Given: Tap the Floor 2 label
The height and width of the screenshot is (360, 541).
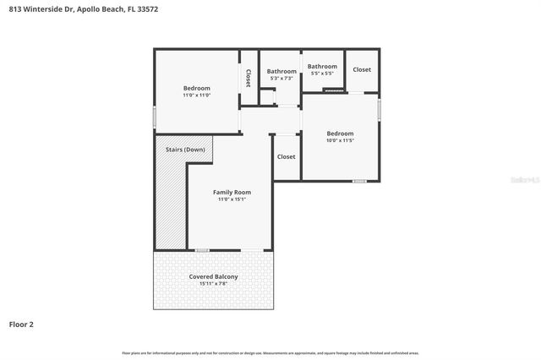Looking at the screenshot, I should pos(21,323).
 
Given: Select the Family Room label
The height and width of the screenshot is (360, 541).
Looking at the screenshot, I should pos(231,193).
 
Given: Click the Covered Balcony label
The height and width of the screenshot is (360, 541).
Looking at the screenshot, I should pos(213,276).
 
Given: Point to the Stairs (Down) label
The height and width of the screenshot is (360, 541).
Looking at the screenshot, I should pos(184,150).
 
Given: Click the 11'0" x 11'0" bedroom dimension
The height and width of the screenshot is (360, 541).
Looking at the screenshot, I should pos(196,95).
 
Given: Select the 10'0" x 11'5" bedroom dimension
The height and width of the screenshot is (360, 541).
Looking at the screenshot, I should pos(340,141).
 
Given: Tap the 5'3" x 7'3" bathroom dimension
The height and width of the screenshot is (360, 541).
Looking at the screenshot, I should pos(281,79).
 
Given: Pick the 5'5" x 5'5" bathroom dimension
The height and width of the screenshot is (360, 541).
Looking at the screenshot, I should pos(322,74).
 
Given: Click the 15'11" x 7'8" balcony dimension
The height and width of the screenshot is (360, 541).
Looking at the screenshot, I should pos(213,284).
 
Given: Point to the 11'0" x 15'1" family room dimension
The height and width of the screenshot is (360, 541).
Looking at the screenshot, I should pos(231,200).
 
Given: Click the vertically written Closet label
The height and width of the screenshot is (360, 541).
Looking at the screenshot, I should pos(249,79).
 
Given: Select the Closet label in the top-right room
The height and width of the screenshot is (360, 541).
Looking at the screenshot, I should pos(362,69).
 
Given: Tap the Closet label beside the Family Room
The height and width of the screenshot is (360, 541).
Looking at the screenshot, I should pos(286,156).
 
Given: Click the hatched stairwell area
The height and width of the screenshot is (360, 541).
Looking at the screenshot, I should pos(169,203).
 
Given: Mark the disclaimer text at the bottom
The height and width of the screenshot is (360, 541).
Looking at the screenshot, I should pos(270,352).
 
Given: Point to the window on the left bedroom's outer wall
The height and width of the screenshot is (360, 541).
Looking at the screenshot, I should pos(154,116).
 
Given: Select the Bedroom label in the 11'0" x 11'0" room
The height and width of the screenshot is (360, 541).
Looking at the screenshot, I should pos(196,88).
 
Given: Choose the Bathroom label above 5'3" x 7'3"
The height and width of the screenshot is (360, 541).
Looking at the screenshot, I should pos(281,71).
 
